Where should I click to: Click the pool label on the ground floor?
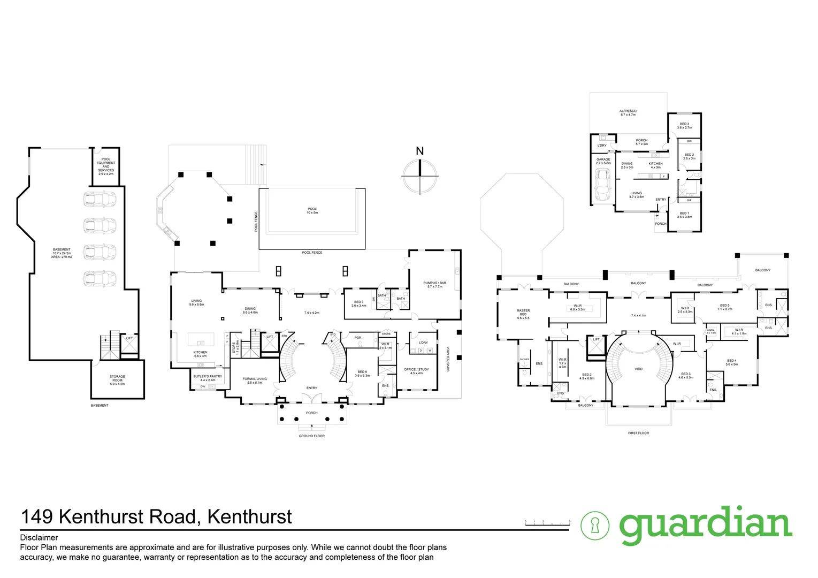tap(312, 211)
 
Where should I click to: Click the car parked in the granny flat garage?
tap(603, 184)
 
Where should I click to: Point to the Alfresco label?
tap(628, 113)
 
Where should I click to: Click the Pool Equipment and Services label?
tap(105, 166)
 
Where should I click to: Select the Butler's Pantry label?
tap(208, 378)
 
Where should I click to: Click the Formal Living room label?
tap(254, 381)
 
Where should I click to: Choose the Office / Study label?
tap(416, 371)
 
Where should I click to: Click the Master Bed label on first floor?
tap(523, 314)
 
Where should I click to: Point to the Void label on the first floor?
tap(638, 369)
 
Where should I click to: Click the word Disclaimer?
tap(39, 538)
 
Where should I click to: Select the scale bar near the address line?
tap(547, 522)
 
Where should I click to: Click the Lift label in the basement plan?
tap(129, 338)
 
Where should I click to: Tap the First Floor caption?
tap(638, 433)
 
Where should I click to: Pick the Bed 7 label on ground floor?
tap(358, 303)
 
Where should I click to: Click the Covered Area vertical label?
tap(448, 359)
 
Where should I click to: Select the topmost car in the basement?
tap(100, 199)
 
